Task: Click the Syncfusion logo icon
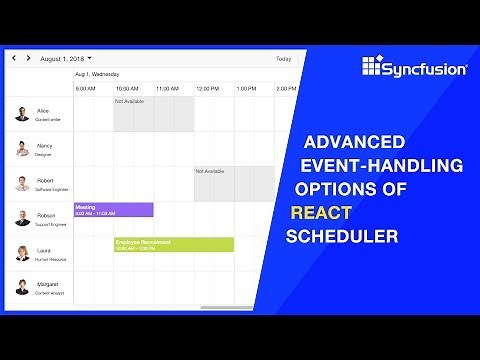tap(372, 68)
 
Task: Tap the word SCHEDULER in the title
tap(342, 237)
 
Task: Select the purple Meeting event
tap(113, 209)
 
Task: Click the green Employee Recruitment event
tap(174, 244)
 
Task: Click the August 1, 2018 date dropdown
tap(66, 59)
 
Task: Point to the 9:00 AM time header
tap(85, 89)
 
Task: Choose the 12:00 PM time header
tap(207, 89)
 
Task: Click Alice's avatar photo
tap(22, 114)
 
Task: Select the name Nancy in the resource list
tap(44, 145)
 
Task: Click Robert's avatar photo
tap(22, 183)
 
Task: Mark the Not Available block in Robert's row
tap(233, 183)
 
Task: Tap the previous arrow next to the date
tap(14, 59)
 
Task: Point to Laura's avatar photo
tap(22, 252)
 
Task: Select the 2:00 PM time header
tap(285, 89)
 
